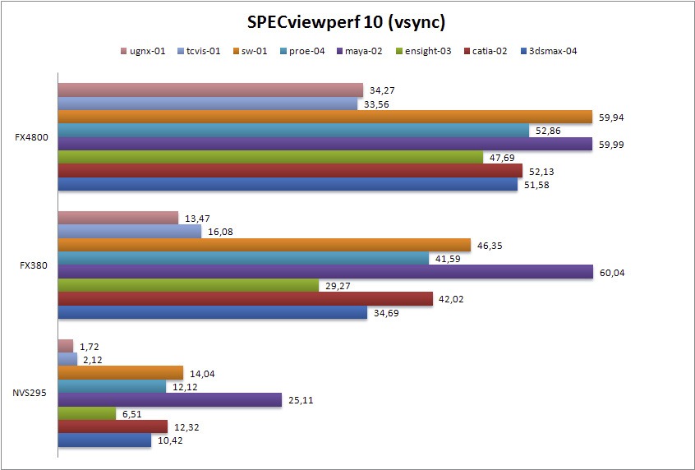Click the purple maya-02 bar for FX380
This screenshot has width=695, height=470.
click(325, 272)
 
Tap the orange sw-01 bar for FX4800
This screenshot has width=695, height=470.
click(325, 117)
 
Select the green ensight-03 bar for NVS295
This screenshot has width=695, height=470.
click(87, 414)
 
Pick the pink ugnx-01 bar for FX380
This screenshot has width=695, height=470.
click(118, 218)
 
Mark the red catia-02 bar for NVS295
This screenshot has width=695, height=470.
click(113, 427)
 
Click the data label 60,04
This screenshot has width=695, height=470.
click(613, 272)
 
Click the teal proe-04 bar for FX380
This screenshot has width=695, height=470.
click(243, 258)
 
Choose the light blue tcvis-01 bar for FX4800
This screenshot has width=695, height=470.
click(208, 104)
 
